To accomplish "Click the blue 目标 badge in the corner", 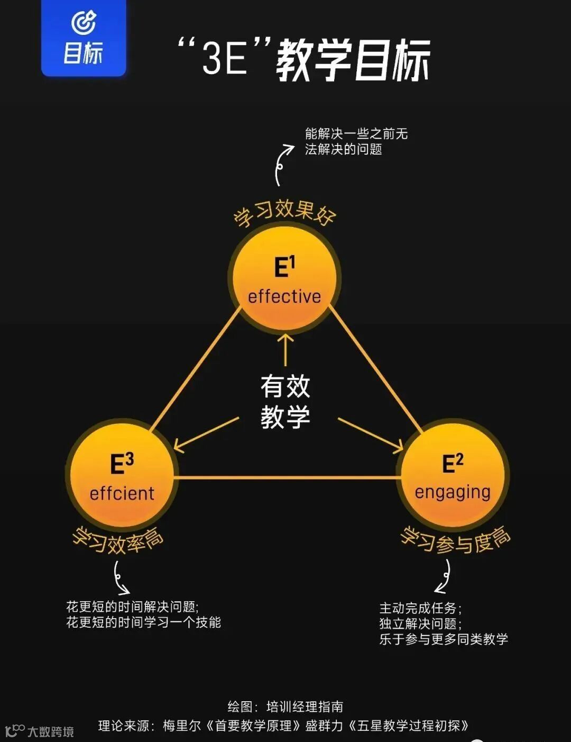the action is pyautogui.click(x=84, y=38).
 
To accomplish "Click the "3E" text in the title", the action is pyautogui.click(x=225, y=58).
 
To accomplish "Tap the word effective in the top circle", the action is pyautogui.click(x=284, y=297).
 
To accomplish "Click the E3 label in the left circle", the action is pyautogui.click(x=122, y=464).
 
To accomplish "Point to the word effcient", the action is pyautogui.click(x=122, y=493).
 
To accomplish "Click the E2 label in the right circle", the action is pyautogui.click(x=453, y=463).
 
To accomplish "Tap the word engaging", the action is pyautogui.click(x=453, y=492).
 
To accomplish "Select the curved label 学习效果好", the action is pyautogui.click(x=284, y=213).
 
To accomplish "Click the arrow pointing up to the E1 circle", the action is pyautogui.click(x=285, y=349).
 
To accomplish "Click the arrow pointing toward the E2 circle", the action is pyautogui.click(x=370, y=435).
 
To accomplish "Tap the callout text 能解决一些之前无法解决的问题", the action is pyautogui.click(x=356, y=141).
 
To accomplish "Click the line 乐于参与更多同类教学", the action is pyautogui.click(x=444, y=639).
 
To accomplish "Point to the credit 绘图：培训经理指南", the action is pyautogui.click(x=285, y=707).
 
